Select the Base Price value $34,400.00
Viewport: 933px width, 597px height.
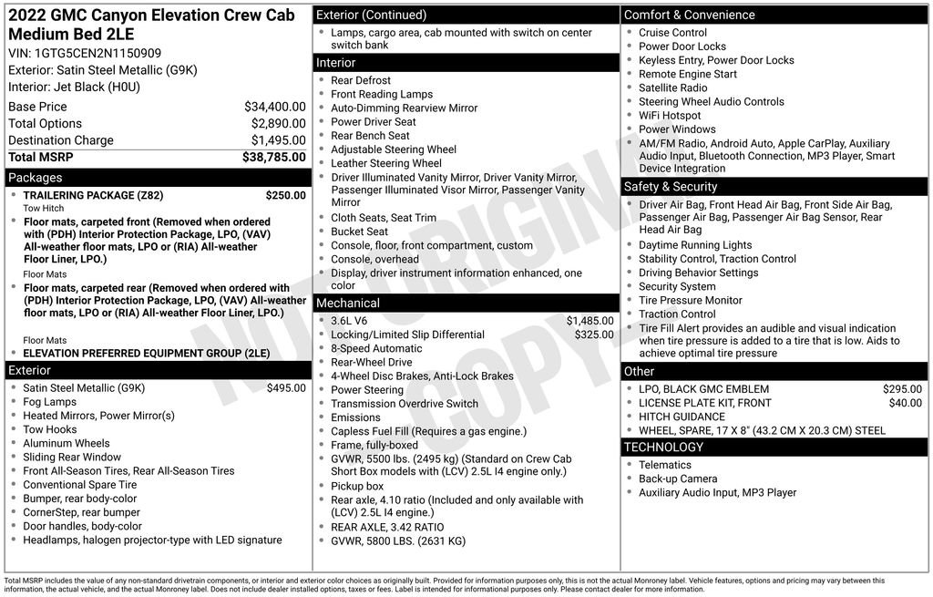point(274,107)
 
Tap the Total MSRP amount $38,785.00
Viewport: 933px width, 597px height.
point(273,158)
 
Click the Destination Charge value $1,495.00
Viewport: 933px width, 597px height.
point(278,140)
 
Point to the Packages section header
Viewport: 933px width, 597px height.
point(36,178)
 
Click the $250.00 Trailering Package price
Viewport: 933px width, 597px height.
point(285,195)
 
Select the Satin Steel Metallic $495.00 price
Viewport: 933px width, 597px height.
point(286,388)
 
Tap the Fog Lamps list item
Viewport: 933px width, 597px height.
point(49,402)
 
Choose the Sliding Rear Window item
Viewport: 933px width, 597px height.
point(72,458)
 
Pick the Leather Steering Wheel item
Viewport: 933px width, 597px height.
point(385,163)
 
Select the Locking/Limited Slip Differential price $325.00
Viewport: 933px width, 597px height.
point(594,335)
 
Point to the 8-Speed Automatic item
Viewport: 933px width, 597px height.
point(376,348)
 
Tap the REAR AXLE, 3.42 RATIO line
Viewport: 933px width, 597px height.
point(387,527)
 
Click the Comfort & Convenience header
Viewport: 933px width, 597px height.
point(689,15)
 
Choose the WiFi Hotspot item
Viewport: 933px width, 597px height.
point(670,116)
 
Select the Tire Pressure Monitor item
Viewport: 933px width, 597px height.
point(690,300)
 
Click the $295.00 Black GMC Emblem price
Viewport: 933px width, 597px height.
point(902,389)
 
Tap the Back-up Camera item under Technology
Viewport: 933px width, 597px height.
point(678,479)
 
